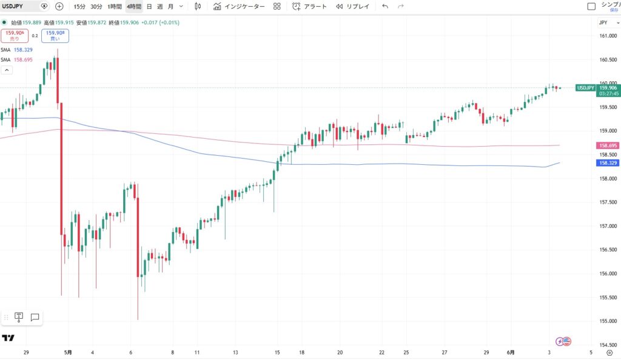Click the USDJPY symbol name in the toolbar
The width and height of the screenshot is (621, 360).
(x=13, y=6)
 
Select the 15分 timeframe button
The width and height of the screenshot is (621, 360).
(x=79, y=6)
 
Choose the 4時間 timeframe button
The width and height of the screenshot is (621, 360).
(x=134, y=6)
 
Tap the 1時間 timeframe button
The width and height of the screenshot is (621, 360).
(x=115, y=6)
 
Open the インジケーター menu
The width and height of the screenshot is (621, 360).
(x=239, y=6)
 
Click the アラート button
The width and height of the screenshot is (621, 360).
(x=310, y=6)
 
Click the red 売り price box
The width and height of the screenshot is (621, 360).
(x=15, y=36)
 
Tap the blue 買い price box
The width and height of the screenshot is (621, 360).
(x=55, y=36)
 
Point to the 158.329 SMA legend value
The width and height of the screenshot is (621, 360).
(x=24, y=50)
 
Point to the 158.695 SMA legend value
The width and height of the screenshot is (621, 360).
(x=24, y=60)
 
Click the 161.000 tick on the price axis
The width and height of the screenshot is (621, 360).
(x=608, y=36)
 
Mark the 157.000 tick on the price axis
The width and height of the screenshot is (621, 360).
(x=608, y=226)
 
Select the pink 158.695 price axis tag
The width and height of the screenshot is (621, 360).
(x=608, y=145)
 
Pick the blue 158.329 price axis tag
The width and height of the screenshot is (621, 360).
(x=608, y=163)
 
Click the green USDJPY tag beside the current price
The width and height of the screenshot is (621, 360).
(x=585, y=88)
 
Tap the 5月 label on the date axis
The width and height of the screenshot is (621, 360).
(x=68, y=352)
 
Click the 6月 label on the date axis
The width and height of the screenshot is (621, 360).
(x=511, y=352)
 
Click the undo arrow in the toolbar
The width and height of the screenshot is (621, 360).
(x=385, y=6)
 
